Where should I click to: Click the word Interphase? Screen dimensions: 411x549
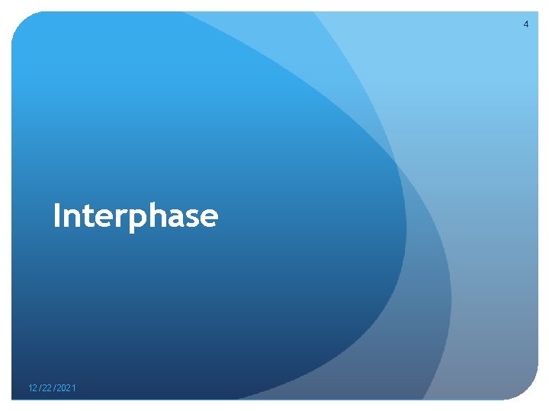(136, 216)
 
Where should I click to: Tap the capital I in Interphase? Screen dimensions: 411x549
(57, 216)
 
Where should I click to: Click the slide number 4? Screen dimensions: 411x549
(525, 24)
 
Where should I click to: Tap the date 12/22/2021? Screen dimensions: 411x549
(52, 389)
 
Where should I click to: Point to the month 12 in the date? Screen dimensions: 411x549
(33, 389)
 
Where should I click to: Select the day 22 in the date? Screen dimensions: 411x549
(48, 389)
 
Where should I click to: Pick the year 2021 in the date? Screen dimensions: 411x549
(67, 389)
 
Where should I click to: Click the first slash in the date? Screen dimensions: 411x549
(40, 389)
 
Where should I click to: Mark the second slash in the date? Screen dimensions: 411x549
(56, 389)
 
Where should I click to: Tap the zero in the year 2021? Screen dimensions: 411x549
(65, 389)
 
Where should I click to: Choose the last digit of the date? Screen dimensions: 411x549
(74, 389)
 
